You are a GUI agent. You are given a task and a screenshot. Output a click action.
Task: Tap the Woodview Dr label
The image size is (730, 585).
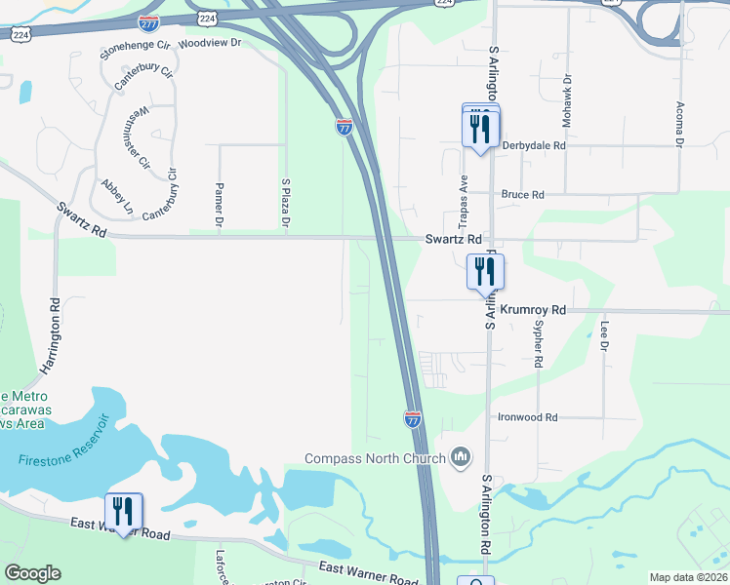tap(210, 44)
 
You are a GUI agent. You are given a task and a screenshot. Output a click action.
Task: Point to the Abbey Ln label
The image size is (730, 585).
tap(116, 196)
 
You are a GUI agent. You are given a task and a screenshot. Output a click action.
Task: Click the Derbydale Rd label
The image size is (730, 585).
tap(534, 145)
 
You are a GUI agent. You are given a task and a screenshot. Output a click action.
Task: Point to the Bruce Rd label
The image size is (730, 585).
tap(522, 195)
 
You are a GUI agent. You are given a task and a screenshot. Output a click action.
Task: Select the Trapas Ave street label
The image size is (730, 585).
tap(465, 197)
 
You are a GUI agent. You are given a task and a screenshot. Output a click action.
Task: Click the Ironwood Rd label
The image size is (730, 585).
tap(527, 417)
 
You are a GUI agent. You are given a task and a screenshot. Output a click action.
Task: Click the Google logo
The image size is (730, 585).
tap(32, 573)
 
